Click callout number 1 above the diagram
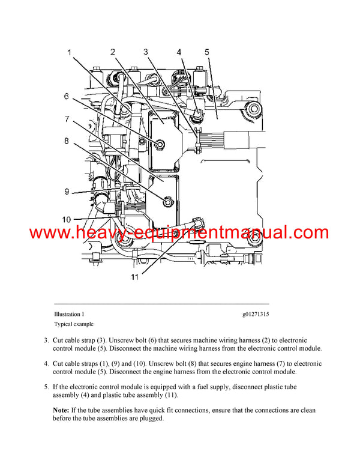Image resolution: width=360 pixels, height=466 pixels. [x=70, y=53]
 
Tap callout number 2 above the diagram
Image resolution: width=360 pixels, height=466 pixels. [x=113, y=52]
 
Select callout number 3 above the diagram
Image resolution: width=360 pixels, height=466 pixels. [x=146, y=52]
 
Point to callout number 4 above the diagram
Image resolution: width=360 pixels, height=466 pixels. [x=179, y=52]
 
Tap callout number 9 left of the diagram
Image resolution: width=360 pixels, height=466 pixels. [x=68, y=192]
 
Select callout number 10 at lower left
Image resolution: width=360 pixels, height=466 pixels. [x=67, y=219]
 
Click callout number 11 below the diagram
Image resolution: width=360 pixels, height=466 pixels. [x=136, y=277]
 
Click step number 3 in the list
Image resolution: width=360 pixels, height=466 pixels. [x=46, y=340]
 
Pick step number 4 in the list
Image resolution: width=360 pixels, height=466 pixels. [x=46, y=364]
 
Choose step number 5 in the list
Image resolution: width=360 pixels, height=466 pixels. [x=46, y=387]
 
